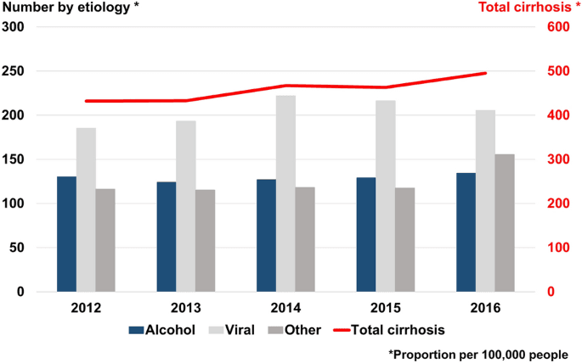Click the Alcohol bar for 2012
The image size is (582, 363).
(66, 234)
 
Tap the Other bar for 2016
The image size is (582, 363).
(505, 223)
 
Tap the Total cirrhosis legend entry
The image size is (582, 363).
(397, 330)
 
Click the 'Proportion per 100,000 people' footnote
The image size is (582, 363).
(478, 354)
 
